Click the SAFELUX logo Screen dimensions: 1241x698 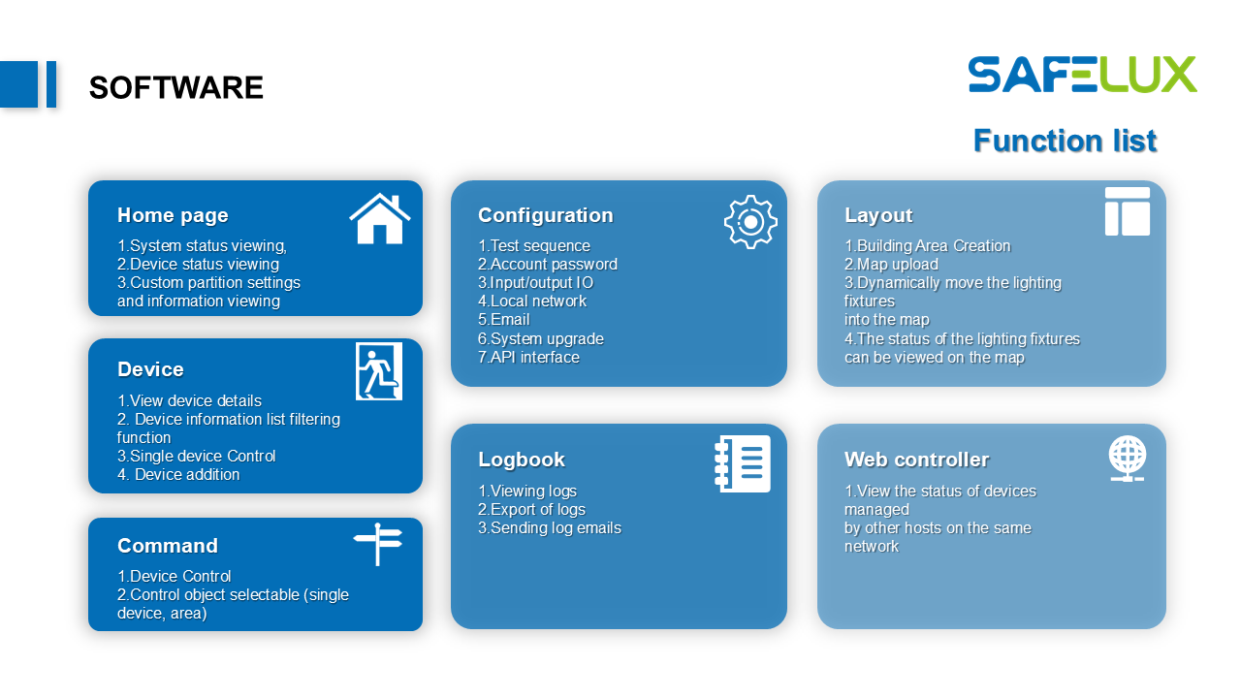pyautogui.click(x=1082, y=75)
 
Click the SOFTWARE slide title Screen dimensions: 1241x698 pyautogui.click(x=176, y=87)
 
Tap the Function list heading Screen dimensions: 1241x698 pyautogui.click(x=1065, y=141)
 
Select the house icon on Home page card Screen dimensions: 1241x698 pyautogui.click(x=380, y=218)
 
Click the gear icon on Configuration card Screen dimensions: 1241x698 pyautogui.click(x=750, y=222)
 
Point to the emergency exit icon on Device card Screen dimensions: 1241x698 pyautogui.click(x=379, y=371)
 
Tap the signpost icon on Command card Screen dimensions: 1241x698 pyautogui.click(x=378, y=544)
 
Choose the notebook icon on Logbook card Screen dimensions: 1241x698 pyautogui.click(x=743, y=463)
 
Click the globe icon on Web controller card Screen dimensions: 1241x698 pyautogui.click(x=1128, y=459)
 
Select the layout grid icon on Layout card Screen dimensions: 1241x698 pyautogui.click(x=1128, y=211)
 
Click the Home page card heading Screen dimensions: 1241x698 pyautogui.click(x=173, y=215)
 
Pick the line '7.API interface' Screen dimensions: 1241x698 pyautogui.click(x=528, y=358)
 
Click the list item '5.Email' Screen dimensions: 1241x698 pyautogui.click(x=503, y=320)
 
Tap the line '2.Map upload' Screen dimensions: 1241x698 pyautogui.click(x=891, y=265)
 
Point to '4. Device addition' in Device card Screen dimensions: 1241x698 pyautogui.click(x=178, y=475)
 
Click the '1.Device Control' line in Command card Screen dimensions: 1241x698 pyautogui.click(x=174, y=576)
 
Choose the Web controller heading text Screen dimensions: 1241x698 pyautogui.click(x=917, y=460)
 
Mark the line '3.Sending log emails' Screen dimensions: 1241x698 pyautogui.click(x=550, y=528)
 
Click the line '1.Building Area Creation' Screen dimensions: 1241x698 pyautogui.click(x=928, y=246)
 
